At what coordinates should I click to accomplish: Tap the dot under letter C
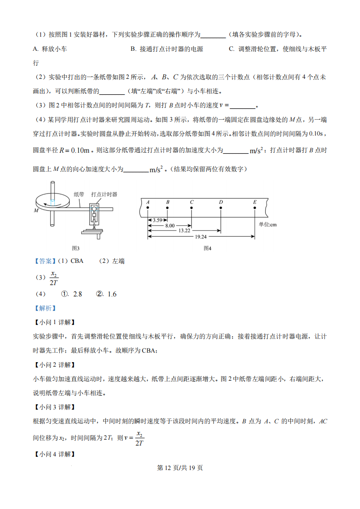(x=192, y=208)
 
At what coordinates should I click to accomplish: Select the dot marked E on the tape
(x=255, y=208)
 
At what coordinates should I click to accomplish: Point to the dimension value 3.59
(x=157, y=220)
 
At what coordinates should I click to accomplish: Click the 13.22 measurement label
(x=184, y=231)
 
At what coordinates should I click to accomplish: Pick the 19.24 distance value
(x=201, y=237)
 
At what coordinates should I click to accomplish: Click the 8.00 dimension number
(x=170, y=225)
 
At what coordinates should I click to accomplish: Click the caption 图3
(x=76, y=248)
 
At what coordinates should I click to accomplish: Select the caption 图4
(x=208, y=248)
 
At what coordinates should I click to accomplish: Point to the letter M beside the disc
(x=36, y=211)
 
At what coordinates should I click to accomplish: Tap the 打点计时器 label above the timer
(x=104, y=194)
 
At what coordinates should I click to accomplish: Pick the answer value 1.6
(x=112, y=294)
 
